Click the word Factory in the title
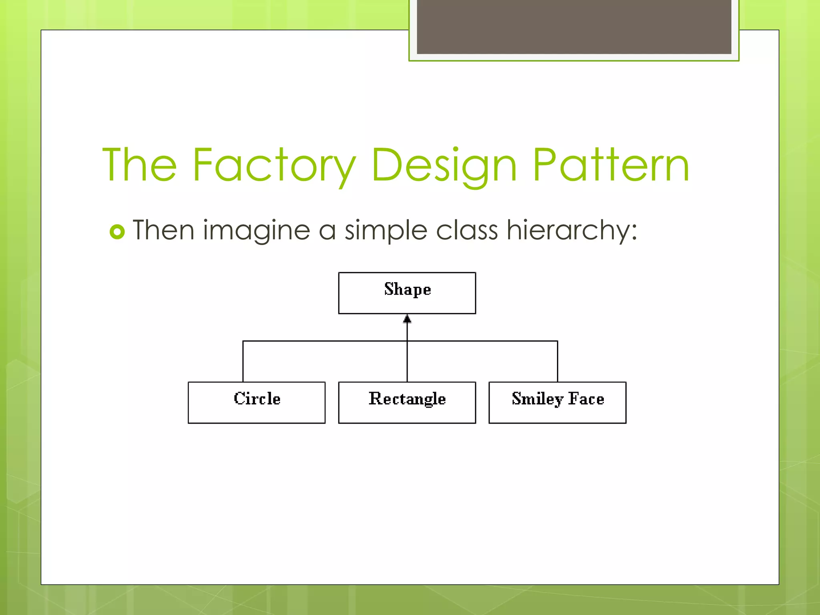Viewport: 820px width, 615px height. coord(274,165)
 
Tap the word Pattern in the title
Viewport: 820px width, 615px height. coord(611,165)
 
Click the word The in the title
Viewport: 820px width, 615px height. coord(140,165)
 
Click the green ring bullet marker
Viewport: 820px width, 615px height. coord(117,232)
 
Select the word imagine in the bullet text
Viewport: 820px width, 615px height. coord(257,231)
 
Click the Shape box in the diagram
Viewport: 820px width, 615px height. coord(407,293)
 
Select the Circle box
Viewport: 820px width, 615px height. coord(257,402)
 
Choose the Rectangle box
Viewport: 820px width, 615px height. coord(407,402)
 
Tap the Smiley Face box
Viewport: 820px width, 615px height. coord(557,402)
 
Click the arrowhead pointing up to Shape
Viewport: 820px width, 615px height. coord(407,319)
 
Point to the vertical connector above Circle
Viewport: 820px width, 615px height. coord(243,362)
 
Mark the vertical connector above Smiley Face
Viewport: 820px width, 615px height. coord(557,362)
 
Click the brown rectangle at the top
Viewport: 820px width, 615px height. coord(574,26)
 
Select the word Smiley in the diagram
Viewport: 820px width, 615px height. coord(537,399)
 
